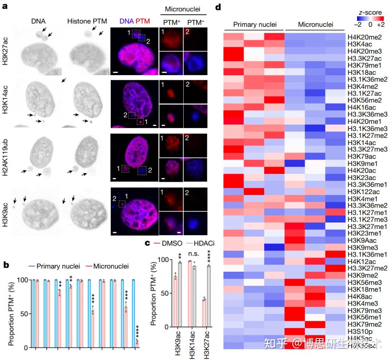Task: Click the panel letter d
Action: pos(218,7)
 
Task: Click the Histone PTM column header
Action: pos(87,21)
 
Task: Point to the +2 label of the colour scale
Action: pos(380,25)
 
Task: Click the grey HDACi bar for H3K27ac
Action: pos(209,296)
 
